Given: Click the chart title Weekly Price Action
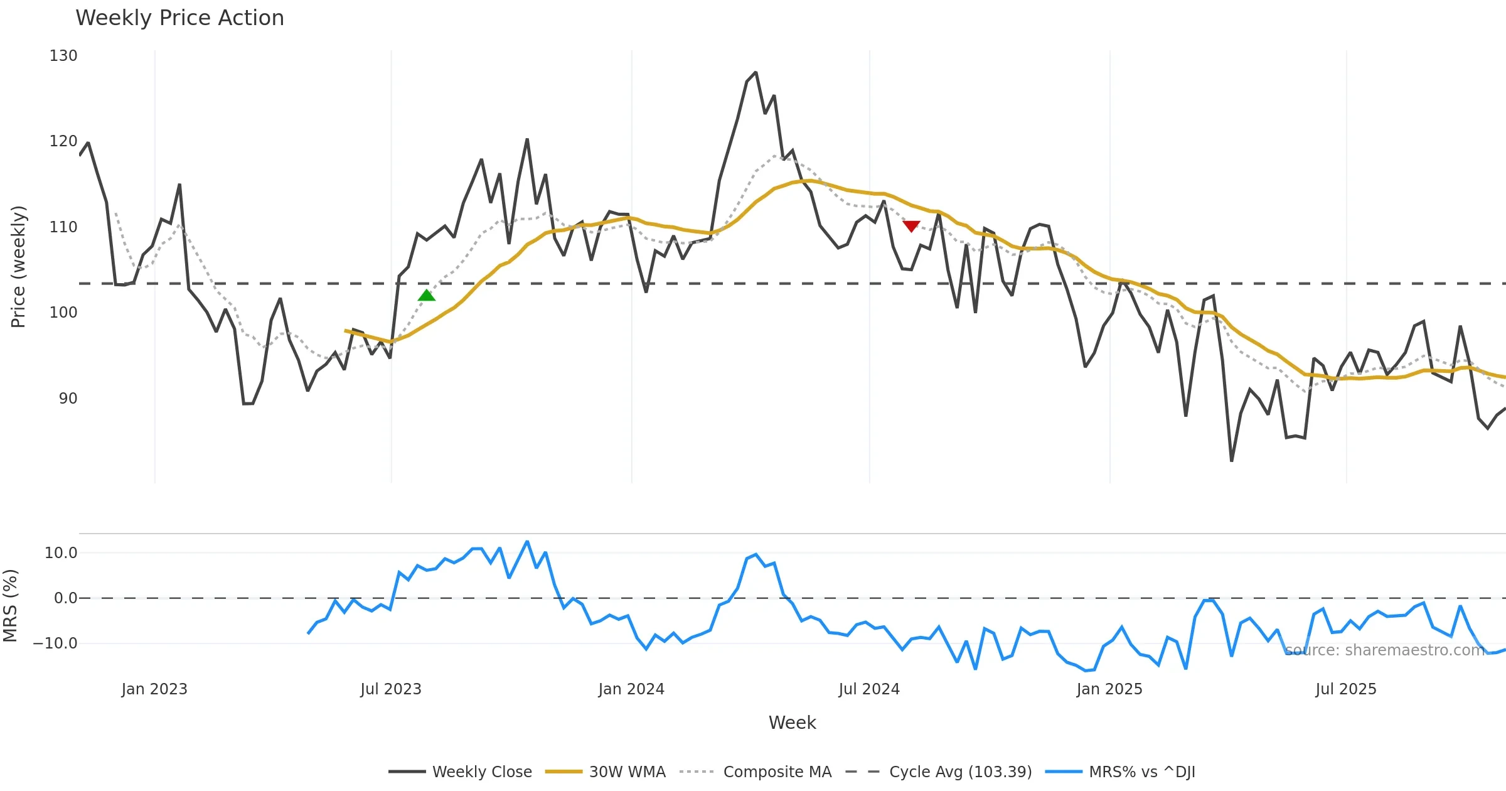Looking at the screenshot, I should point(179,18).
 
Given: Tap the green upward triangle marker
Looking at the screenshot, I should point(427,296).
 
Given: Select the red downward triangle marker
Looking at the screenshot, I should point(911,226).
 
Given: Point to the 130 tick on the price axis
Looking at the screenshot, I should point(63,56).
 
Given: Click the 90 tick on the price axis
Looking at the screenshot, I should point(68,399).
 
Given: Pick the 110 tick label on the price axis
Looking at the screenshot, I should point(63,227).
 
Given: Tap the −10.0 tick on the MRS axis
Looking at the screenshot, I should point(55,643).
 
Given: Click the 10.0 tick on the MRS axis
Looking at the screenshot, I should point(60,553).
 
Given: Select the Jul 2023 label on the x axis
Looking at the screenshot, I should point(391,689).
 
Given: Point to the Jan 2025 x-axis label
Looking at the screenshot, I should point(1109,689).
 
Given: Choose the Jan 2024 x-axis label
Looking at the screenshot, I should point(631,689).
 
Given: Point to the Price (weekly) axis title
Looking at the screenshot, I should point(19,267).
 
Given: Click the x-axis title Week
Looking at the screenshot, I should point(792,723).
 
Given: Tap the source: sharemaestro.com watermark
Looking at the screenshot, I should point(1385,650).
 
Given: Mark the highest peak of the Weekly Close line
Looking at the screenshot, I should point(756,73).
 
